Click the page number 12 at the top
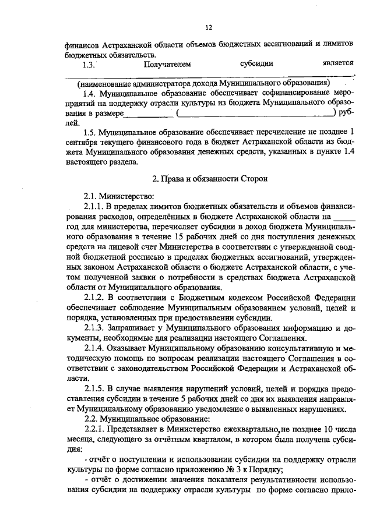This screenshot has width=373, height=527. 208,27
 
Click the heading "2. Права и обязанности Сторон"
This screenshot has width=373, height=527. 208,179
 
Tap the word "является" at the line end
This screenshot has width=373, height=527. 337,63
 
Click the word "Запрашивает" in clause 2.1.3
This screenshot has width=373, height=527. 132,328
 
